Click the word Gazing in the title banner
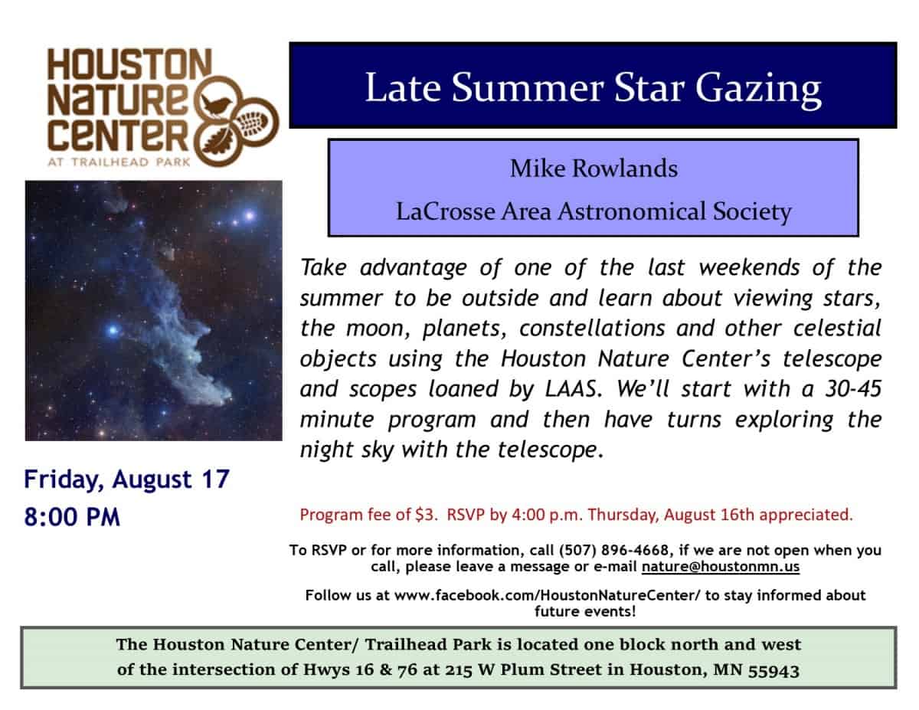coord(758,89)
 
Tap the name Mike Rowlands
coord(594,169)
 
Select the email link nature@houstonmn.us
coord(720,566)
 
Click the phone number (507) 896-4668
coord(613,550)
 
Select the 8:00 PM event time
coord(72,517)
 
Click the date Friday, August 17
coord(126,480)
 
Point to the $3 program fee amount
coord(424,515)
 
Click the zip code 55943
coord(773,670)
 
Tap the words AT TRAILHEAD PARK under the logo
coord(119,162)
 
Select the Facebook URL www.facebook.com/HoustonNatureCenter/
coord(548,595)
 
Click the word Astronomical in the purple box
coord(631,211)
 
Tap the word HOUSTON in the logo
coord(129,64)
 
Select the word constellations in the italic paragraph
coord(592,329)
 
